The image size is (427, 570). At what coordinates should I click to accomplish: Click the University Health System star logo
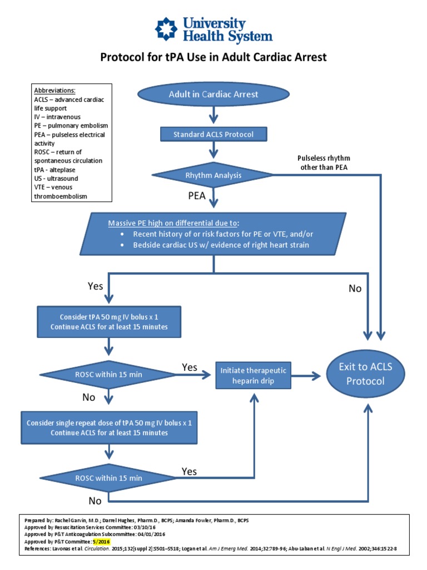[166, 29]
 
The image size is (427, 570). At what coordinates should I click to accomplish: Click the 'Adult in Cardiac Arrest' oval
[213, 94]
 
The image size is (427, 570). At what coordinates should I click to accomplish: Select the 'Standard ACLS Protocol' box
[213, 134]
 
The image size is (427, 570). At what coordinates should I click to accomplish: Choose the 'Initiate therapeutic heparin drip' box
[253, 376]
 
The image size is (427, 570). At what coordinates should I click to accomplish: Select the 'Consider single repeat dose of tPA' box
[109, 427]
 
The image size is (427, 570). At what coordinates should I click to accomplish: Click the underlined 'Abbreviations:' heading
[54, 90]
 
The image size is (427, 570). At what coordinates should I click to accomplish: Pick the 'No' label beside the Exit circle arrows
[354, 288]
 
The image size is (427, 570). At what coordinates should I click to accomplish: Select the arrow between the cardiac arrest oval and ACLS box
[213, 115]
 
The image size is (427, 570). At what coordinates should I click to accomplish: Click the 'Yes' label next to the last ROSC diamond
[189, 471]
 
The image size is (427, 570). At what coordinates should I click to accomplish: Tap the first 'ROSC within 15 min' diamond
[109, 374]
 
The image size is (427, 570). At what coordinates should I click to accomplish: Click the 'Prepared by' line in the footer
[137, 520]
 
